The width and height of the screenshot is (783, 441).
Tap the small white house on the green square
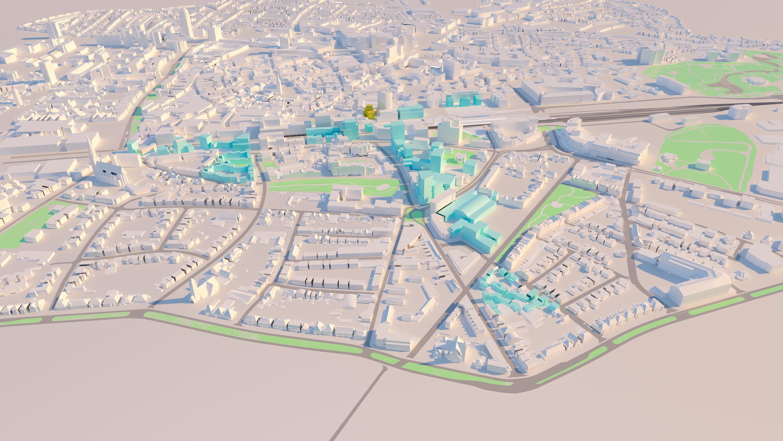pos(460,159)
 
